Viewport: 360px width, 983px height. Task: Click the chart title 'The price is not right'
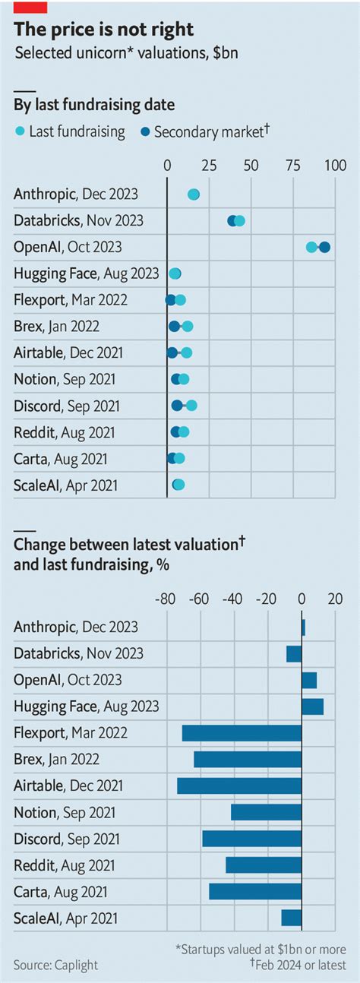pos(104,30)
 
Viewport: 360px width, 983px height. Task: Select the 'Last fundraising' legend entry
pos(69,131)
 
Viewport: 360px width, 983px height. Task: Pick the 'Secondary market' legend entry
pos(205,131)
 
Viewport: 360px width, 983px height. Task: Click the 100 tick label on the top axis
pos(334,166)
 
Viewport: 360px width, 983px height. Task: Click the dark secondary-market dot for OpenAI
pos(324,247)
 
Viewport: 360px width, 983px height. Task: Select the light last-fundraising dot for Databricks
pos(239,220)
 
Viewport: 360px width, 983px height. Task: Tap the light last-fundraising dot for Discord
pos(191,406)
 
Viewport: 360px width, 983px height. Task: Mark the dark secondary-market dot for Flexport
pos(171,300)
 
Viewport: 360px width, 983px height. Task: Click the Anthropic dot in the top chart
pos(194,194)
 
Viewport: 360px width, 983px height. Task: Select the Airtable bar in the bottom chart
pos(239,785)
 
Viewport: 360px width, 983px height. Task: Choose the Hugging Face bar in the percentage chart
pos(312,706)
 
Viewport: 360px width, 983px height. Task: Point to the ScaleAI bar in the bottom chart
pos(292,918)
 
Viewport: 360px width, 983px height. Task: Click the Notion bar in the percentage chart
pos(267,812)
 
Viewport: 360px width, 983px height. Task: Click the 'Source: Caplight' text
pos(55,965)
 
